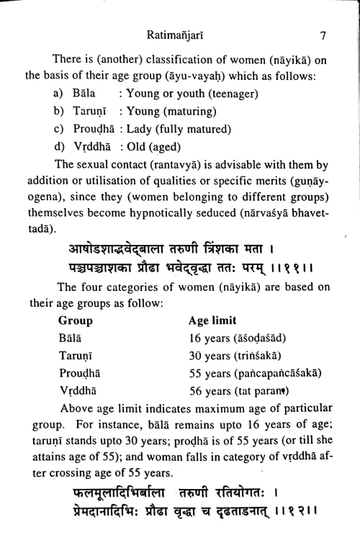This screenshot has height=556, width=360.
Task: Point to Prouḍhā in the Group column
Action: [80, 374]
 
